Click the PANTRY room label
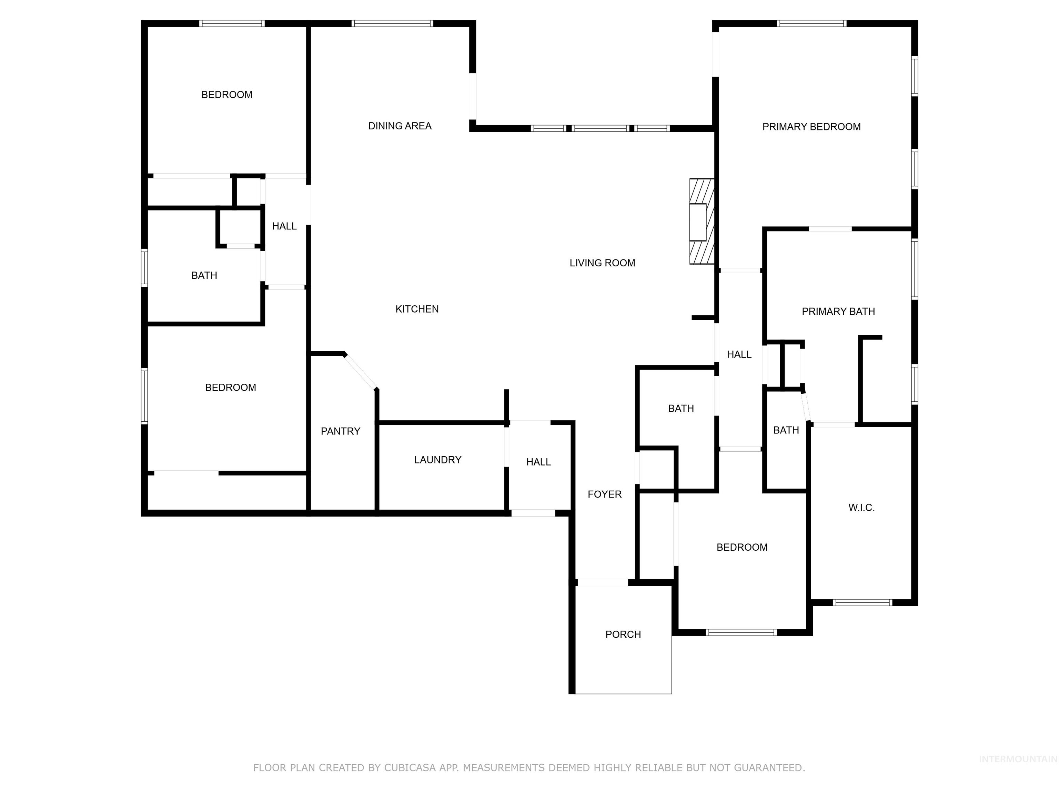pos(340,431)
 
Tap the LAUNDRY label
pos(437,460)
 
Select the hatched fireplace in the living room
pos(702,222)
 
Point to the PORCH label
pos(623,635)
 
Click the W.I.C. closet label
pos(861,508)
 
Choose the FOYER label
pos(605,494)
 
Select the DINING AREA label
pos(400,126)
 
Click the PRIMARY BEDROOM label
pos(811,127)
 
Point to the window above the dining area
pos(392,23)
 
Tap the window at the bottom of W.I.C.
pos(862,602)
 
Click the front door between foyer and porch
pos(603,583)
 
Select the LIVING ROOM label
pos(602,263)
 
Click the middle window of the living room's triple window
pos(601,128)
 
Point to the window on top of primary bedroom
pos(811,23)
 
